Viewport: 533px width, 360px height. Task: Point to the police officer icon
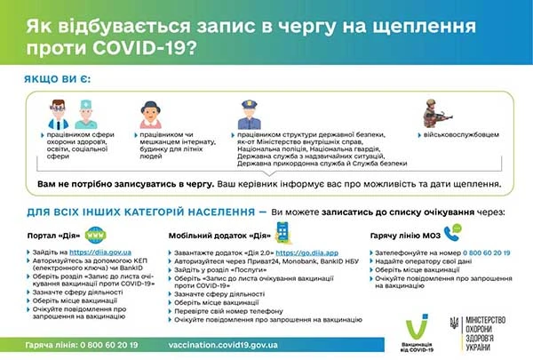(248, 114)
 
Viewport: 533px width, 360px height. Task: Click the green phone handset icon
(456, 233)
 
